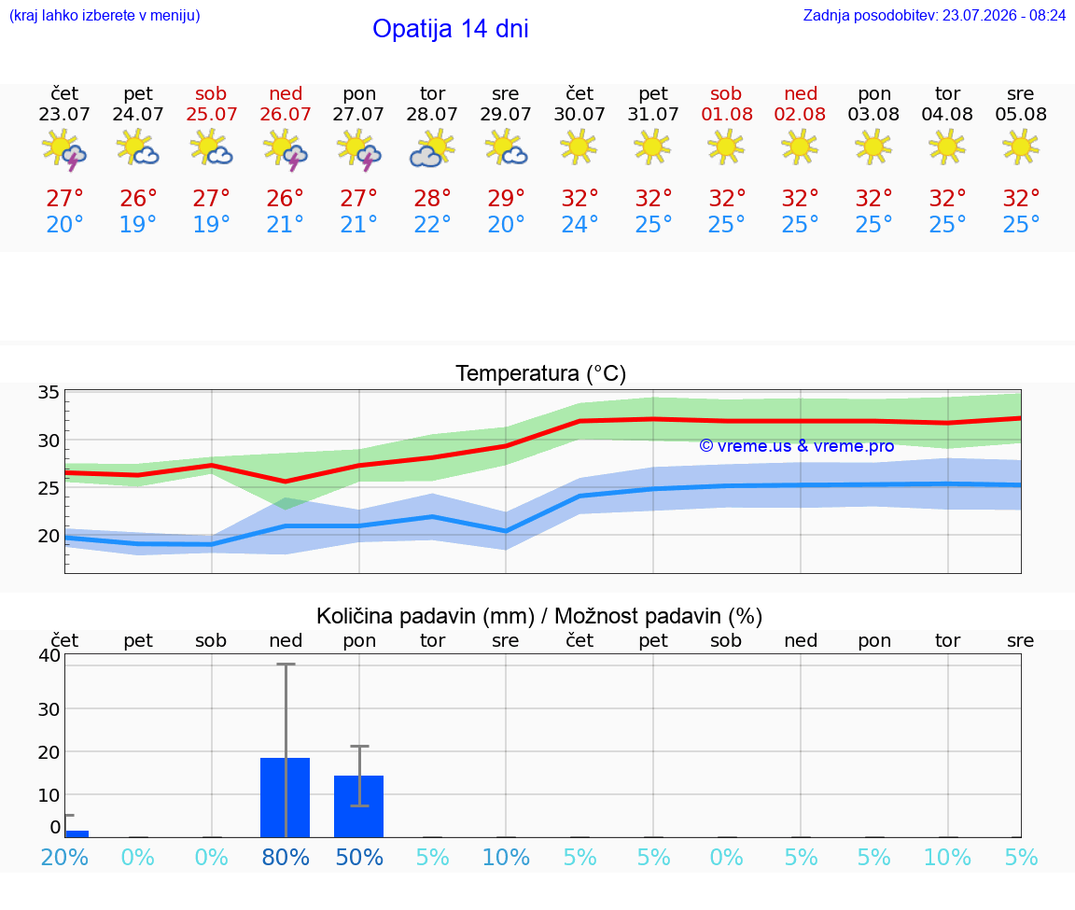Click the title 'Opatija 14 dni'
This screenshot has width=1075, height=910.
coord(451,29)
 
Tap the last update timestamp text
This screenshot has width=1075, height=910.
coord(934,15)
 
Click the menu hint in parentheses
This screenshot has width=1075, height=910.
coord(105,15)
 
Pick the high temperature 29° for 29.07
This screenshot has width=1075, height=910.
coord(506,198)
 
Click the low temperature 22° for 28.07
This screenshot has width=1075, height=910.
coord(433,224)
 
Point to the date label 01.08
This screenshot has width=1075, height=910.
coord(727,115)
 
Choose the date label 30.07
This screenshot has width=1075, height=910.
coord(579,115)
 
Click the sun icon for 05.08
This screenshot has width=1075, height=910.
coord(1021,147)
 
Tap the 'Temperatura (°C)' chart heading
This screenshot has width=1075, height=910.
coord(541,373)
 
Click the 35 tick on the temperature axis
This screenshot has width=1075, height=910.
coord(49,392)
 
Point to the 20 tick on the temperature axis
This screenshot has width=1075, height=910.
coord(49,536)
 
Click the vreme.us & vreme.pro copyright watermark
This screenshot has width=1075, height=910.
coord(797,446)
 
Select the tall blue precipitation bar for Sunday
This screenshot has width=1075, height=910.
coord(286,798)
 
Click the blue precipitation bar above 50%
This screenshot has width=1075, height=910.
coord(358,806)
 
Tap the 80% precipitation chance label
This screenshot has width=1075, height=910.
coord(286,857)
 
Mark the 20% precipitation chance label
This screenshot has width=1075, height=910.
coord(64,857)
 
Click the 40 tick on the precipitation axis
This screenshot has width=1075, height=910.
coord(49,655)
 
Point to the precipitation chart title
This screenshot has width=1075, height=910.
coord(539,616)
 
